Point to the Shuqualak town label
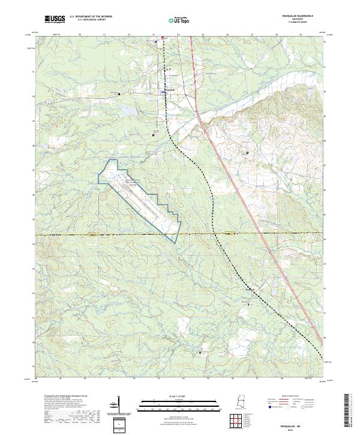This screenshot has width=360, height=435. click(171, 92)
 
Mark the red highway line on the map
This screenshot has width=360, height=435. click(240, 198)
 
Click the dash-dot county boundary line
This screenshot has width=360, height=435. click(90, 235)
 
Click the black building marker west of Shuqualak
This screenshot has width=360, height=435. click(119, 94)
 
